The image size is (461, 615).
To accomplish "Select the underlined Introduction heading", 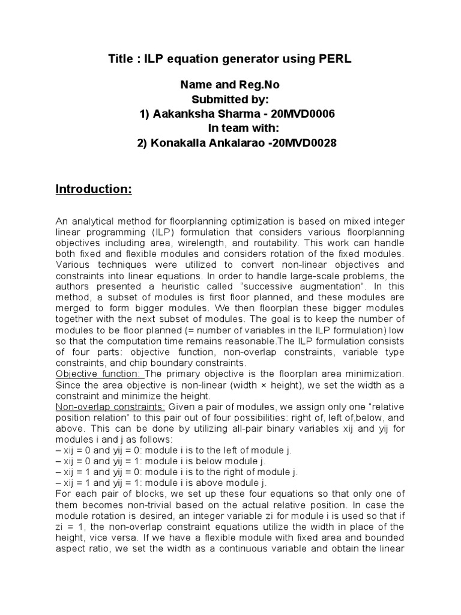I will (x=93, y=190).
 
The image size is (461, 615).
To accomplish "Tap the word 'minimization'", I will (x=373, y=374).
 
